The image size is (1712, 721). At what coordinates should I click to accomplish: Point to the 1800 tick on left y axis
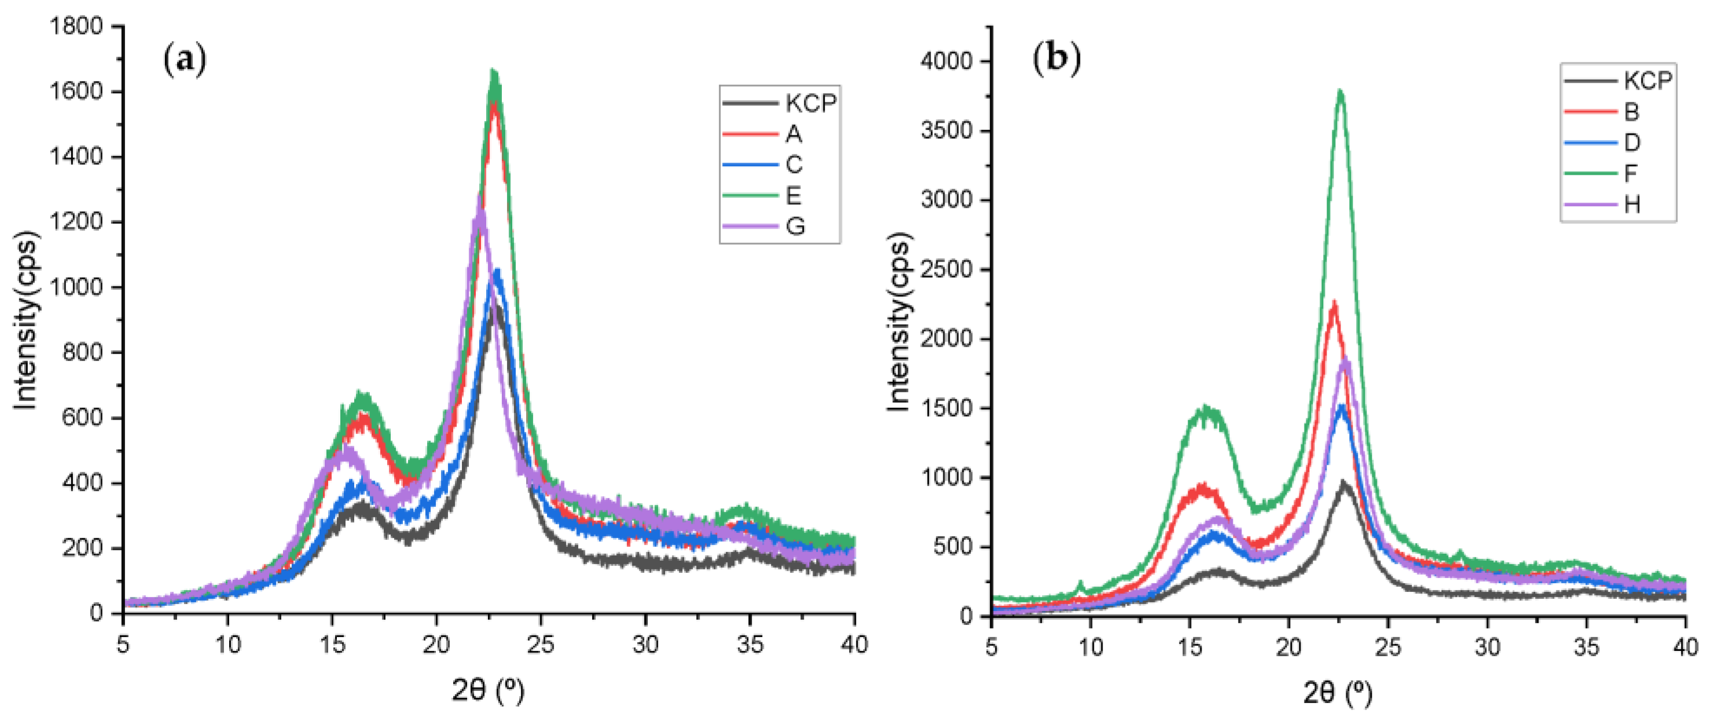pyautogui.click(x=76, y=27)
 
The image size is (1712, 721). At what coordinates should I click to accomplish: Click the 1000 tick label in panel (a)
pyautogui.click(x=76, y=287)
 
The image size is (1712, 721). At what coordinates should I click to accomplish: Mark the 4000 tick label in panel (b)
pyautogui.click(x=946, y=61)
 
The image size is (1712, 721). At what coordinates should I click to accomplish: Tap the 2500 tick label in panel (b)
pyautogui.click(x=946, y=269)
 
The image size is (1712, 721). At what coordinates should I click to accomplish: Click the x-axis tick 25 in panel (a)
pyautogui.click(x=541, y=644)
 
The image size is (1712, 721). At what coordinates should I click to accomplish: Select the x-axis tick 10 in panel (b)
pyautogui.click(x=1090, y=646)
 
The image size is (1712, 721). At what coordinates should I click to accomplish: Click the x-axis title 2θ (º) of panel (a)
pyautogui.click(x=488, y=691)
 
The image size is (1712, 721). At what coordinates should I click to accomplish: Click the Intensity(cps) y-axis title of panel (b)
pyautogui.click(x=898, y=322)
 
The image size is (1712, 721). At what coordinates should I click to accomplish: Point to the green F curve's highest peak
pyautogui.click(x=1340, y=91)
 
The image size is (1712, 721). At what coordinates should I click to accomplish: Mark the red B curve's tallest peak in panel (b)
pyautogui.click(x=1333, y=303)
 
